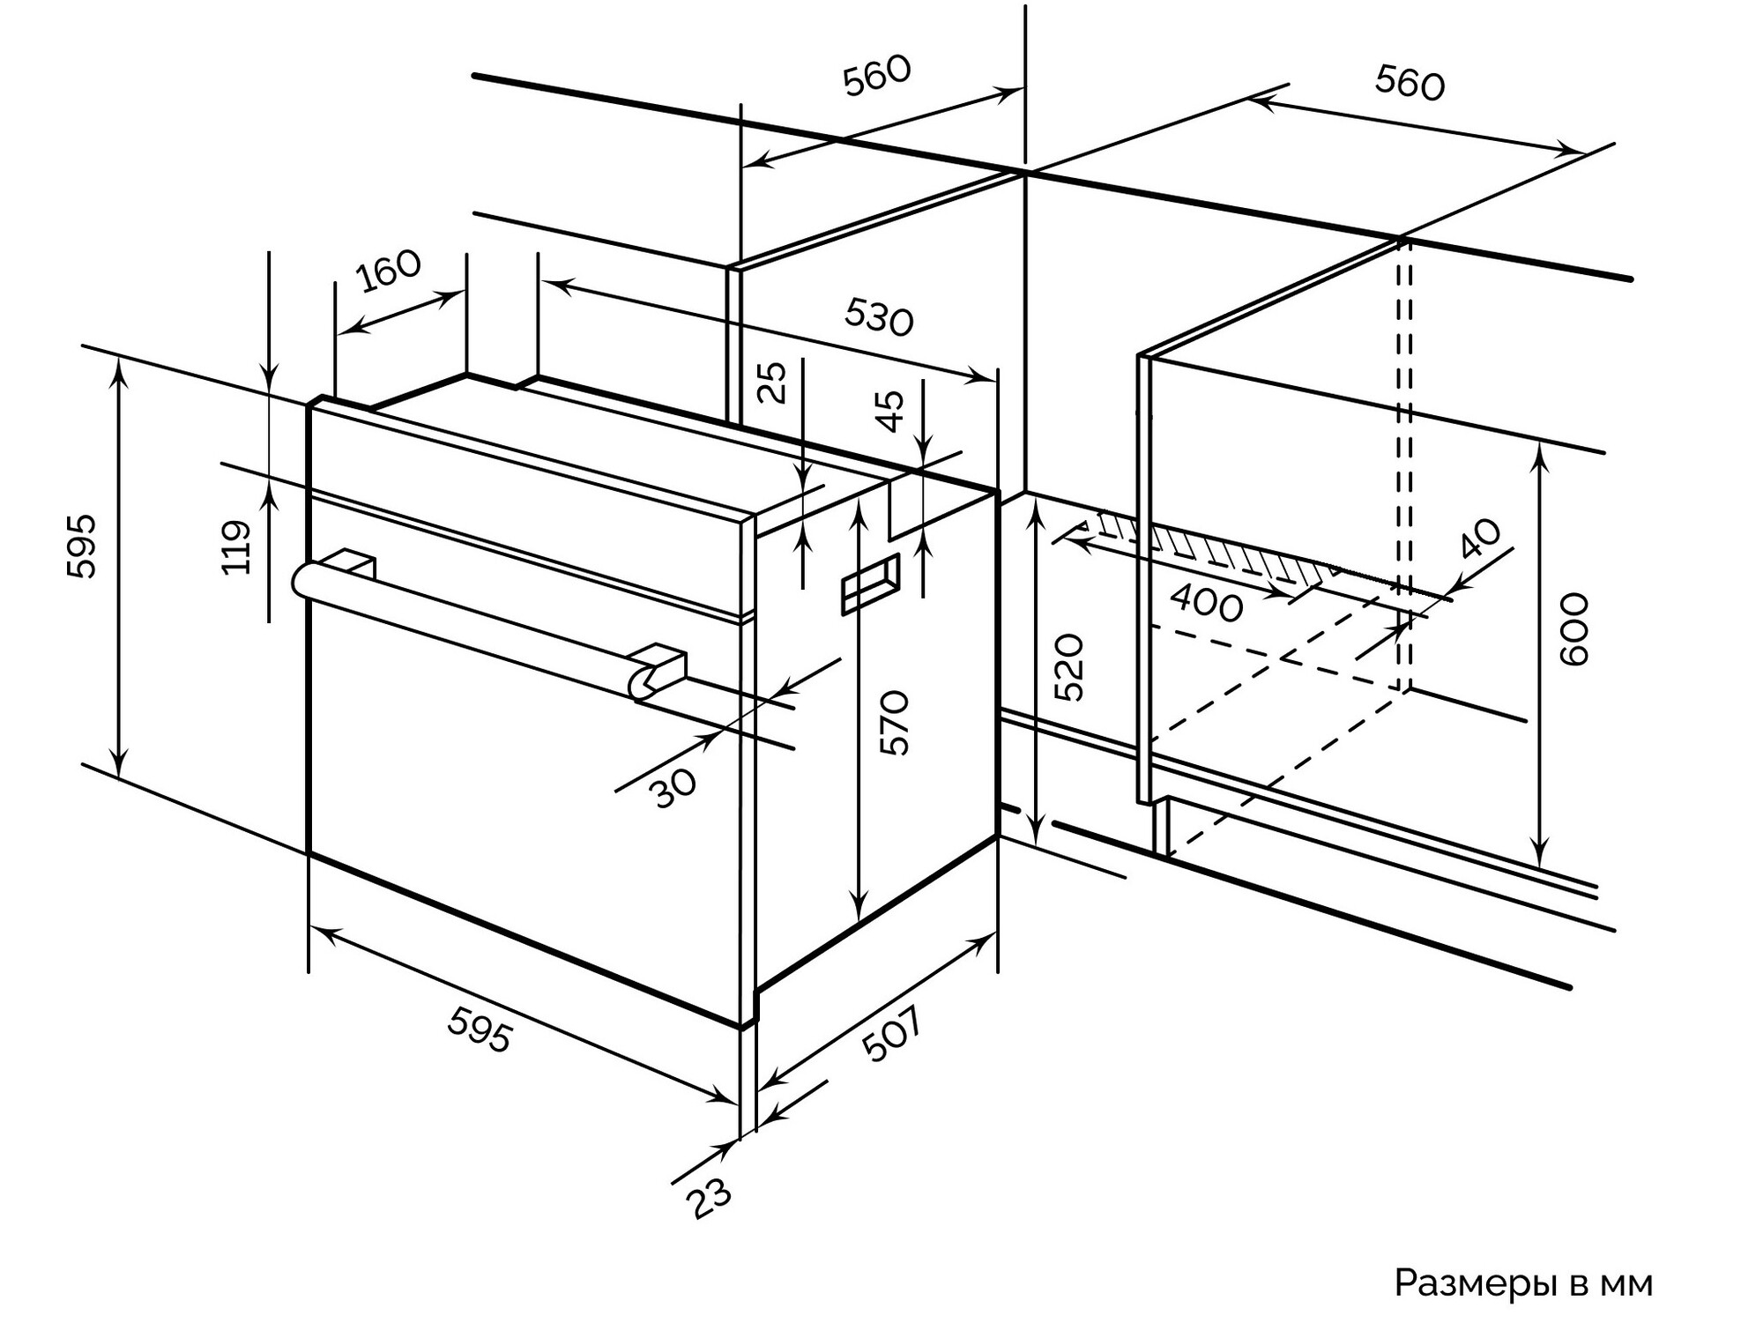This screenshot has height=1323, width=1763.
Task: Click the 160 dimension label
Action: [390, 271]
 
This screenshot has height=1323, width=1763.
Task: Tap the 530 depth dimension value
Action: [878, 317]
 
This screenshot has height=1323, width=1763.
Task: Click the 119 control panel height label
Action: [236, 547]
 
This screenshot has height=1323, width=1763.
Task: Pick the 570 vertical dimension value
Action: [894, 723]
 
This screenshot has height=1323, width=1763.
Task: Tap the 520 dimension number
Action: [1068, 667]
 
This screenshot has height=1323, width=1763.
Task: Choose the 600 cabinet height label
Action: [1573, 629]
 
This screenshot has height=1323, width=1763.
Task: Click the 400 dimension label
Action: [1207, 604]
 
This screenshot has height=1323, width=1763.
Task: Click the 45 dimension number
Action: [892, 411]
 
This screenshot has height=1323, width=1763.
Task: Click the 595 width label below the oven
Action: [480, 1029]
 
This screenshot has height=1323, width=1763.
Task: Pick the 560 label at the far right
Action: [1410, 84]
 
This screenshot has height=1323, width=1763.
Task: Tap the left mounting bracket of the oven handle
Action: [353, 564]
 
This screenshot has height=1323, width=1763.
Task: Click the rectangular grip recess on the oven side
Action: [870, 583]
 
